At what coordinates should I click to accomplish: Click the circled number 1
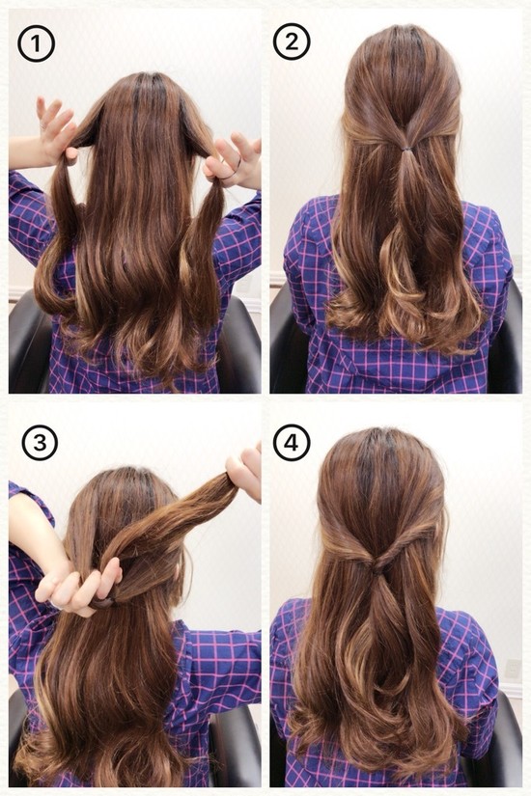tap(36, 43)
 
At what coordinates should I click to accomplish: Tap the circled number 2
tap(292, 41)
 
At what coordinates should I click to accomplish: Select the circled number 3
tap(40, 442)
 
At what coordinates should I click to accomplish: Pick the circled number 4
tap(292, 442)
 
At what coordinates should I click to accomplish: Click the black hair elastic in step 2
tap(405, 149)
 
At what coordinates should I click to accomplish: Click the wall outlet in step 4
tap(514, 668)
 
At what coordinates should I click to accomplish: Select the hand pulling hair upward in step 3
tap(245, 470)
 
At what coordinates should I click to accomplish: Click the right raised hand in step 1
tap(235, 157)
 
